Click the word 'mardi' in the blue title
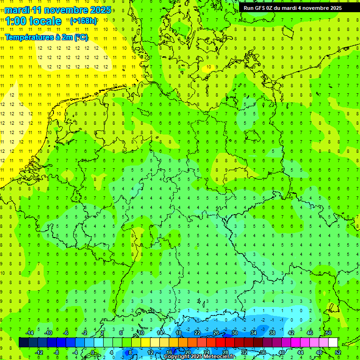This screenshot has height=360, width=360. tap(18, 10)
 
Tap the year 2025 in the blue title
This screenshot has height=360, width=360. tap(100, 10)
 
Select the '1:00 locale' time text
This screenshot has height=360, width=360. tap(33, 21)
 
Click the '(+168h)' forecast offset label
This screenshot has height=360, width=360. tap(83, 21)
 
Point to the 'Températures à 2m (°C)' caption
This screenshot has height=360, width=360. tap(46, 37)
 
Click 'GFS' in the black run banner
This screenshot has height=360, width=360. tap(261, 8)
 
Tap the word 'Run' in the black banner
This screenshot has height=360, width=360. tap(249, 8)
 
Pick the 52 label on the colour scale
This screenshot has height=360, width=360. tap(338, 352)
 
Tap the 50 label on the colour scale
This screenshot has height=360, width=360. tap(328, 333)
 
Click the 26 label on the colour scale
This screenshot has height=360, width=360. tap(216, 333)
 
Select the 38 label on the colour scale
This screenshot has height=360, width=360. tap(272, 333)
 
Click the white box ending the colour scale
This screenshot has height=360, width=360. tap(333, 343)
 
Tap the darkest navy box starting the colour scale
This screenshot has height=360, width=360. tap(23, 343)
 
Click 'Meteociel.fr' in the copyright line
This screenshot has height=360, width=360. tap(222, 357)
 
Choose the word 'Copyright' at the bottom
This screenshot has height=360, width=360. tap(177, 357)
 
